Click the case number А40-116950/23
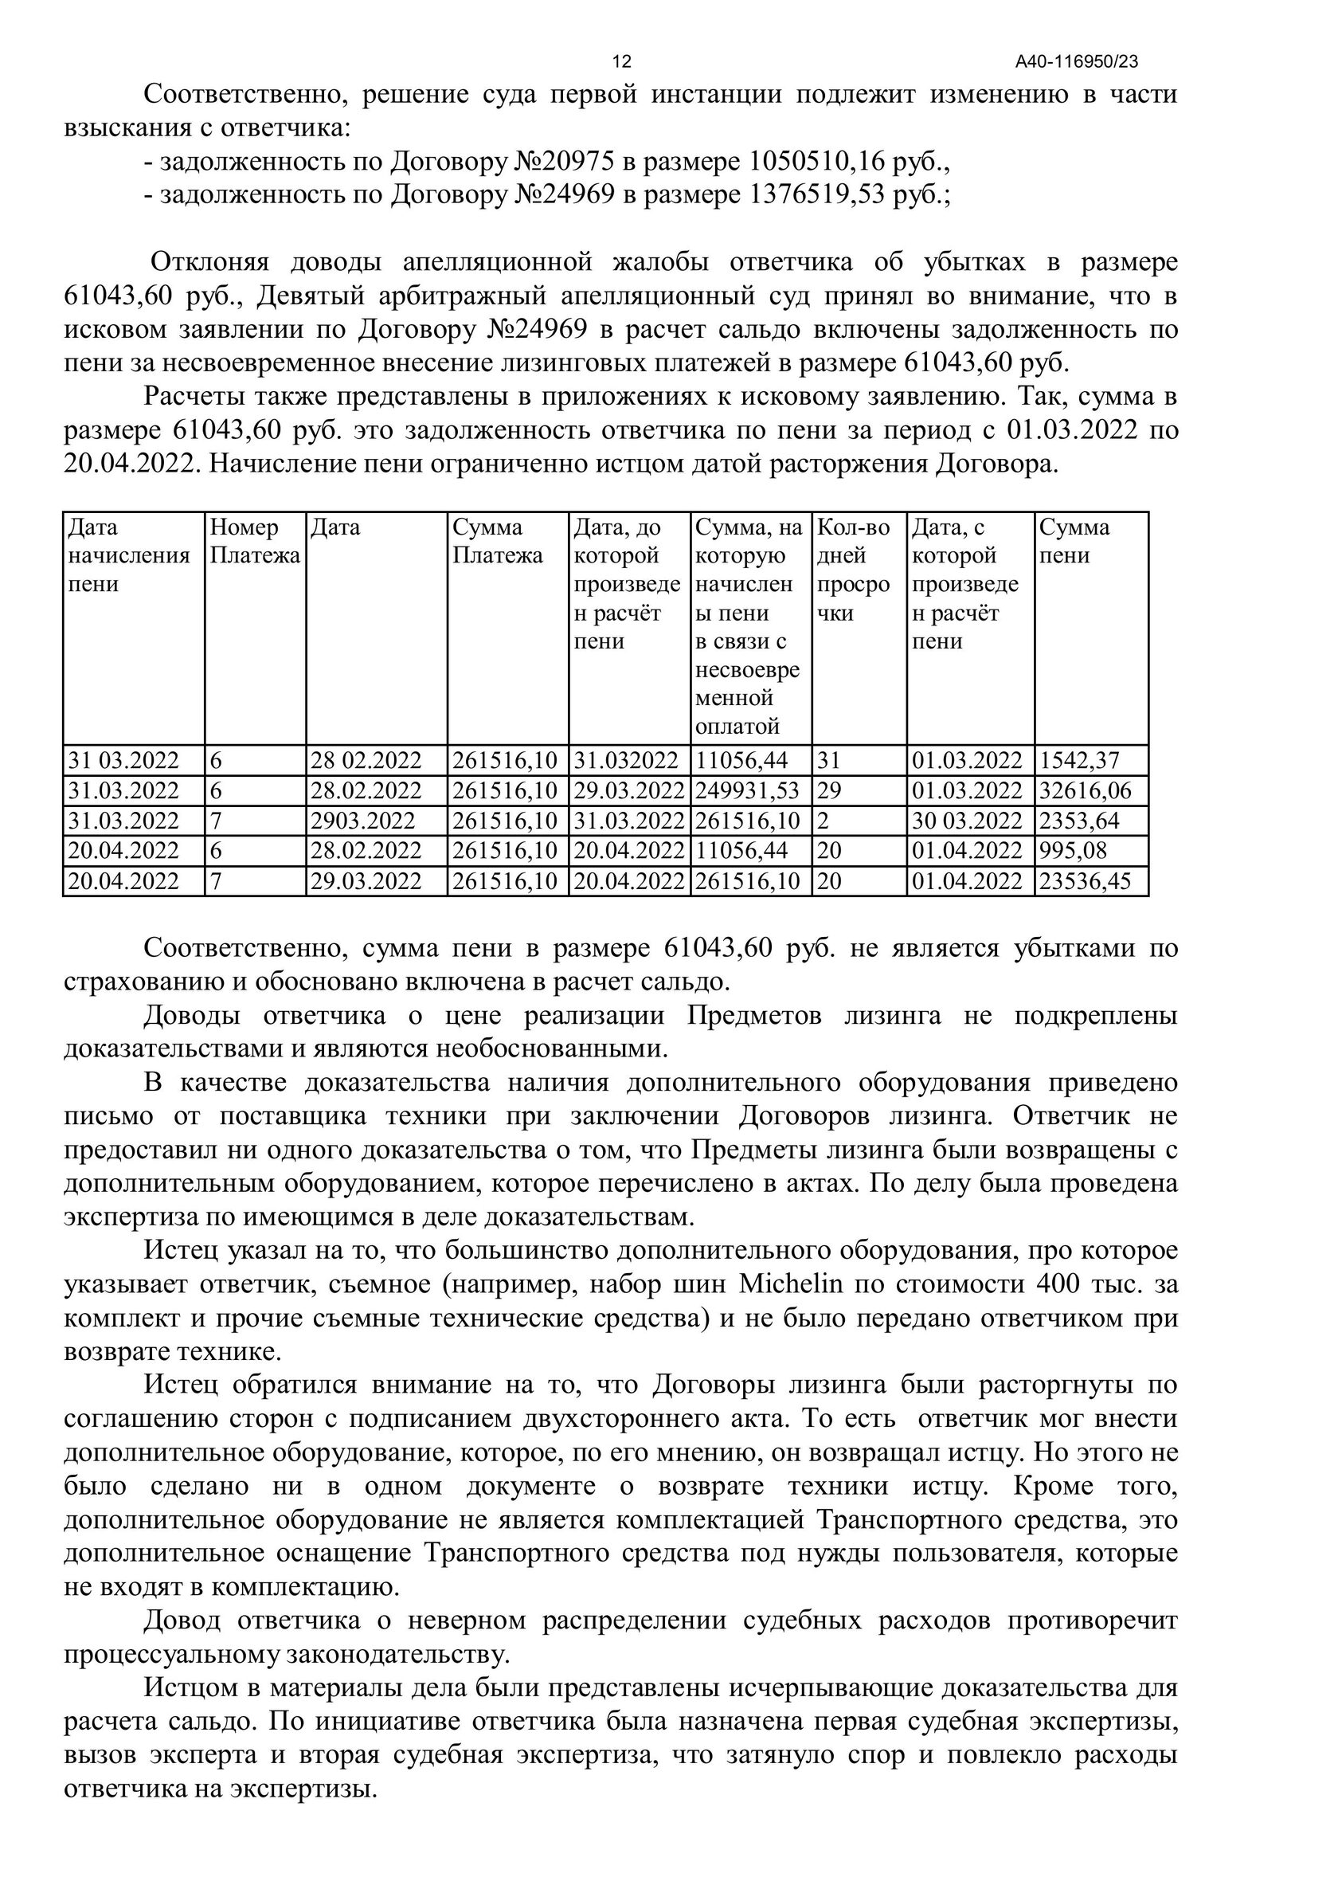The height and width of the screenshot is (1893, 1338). [x=1077, y=62]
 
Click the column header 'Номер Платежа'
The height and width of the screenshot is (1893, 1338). [x=255, y=541]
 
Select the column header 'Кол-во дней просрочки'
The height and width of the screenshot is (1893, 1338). [x=853, y=570]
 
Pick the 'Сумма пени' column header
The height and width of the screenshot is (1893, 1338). [x=1074, y=541]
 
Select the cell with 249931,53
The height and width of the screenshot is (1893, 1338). [x=748, y=790]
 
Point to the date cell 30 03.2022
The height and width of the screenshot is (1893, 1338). [x=966, y=821]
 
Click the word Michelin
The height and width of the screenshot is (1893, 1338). [x=791, y=1284]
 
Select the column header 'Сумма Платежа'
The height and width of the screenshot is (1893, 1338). [x=497, y=541]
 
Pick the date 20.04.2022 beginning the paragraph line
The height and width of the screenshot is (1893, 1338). [x=132, y=464]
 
